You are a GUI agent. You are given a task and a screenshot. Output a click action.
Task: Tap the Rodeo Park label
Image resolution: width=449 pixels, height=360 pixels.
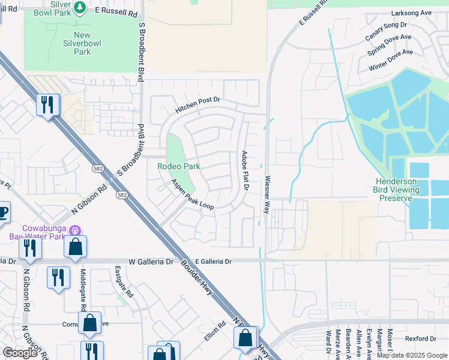point(178,166)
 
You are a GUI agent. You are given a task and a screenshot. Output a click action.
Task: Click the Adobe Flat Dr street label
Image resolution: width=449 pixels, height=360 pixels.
point(246,171)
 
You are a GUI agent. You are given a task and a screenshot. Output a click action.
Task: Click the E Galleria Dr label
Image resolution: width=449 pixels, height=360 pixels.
point(214,262)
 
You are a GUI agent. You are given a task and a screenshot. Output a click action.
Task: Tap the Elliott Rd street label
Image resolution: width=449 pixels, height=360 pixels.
point(214,331)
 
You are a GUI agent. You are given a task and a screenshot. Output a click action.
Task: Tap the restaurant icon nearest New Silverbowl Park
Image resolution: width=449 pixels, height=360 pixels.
point(46,106)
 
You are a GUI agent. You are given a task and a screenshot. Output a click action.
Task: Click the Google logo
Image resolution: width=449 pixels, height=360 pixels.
point(20,353)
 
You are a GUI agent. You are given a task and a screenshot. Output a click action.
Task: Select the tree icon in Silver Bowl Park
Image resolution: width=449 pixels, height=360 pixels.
point(79,8)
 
